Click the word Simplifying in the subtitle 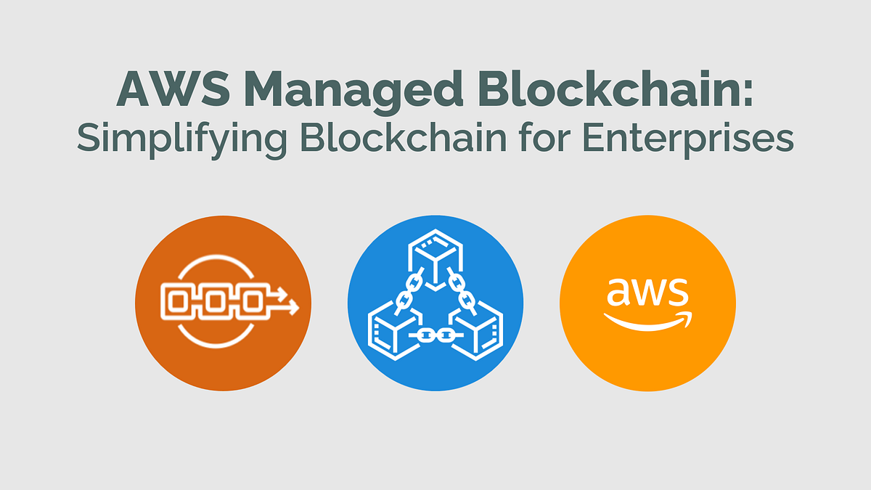click(181, 138)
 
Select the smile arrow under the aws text click(647, 320)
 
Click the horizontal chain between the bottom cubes click(435, 335)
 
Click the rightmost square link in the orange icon click(252, 301)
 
